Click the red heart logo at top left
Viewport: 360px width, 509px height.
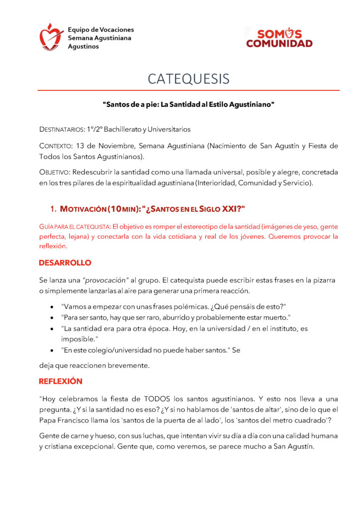click(x=52, y=37)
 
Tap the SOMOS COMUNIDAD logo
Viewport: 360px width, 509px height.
click(x=279, y=38)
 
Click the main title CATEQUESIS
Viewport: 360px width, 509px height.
click(x=188, y=79)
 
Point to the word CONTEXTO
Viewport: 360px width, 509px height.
click(x=55, y=146)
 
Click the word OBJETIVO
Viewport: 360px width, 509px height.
click(x=54, y=172)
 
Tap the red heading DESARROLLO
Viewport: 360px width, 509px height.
click(x=65, y=262)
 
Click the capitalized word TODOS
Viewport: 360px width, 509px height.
click(x=157, y=399)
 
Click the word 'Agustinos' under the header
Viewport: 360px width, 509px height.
click(x=83, y=47)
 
